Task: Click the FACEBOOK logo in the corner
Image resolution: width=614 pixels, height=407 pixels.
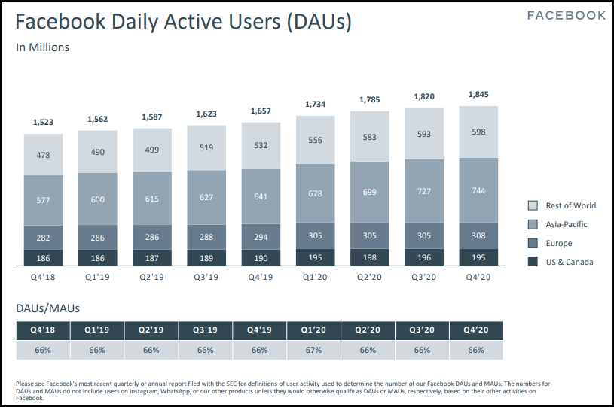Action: coord(566,16)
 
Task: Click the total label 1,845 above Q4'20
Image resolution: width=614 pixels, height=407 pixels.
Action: coord(479,95)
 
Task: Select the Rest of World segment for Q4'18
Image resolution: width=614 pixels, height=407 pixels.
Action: coord(44,155)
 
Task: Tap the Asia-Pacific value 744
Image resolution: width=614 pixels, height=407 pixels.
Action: coord(479,190)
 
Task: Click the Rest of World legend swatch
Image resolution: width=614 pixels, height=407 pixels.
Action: coord(533,205)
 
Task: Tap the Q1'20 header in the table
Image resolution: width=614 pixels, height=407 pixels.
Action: coord(314,330)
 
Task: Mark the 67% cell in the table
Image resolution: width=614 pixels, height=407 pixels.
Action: coord(314,350)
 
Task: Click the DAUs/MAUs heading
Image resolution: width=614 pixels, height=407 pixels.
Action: coord(48,308)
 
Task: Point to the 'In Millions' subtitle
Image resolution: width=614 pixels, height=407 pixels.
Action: coord(43,47)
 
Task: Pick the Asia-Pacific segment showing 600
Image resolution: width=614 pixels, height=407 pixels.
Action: coord(98,199)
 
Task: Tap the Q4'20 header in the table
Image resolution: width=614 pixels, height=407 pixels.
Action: coord(476,330)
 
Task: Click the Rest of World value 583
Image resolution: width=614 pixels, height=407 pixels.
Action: coord(370,137)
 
